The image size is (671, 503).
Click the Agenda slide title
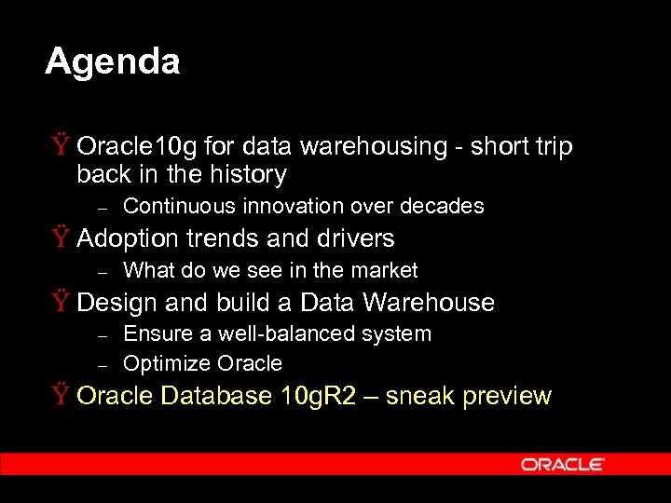[x=112, y=61]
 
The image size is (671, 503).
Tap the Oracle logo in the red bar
[x=562, y=464]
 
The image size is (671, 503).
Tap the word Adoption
[x=128, y=238]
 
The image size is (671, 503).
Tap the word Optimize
[x=167, y=363]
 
